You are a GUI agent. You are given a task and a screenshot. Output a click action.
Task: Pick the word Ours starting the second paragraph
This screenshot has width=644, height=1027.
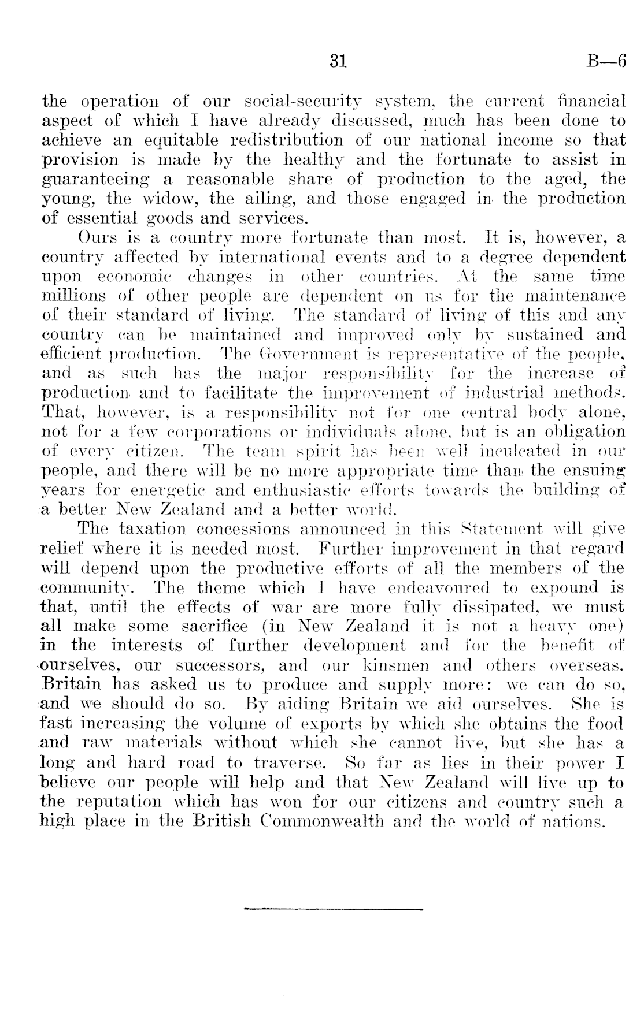click(x=96, y=237)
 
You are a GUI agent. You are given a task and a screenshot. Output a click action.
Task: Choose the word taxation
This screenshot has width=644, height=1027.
click(x=153, y=529)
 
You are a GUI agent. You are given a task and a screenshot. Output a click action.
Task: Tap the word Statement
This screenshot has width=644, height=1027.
click(x=509, y=529)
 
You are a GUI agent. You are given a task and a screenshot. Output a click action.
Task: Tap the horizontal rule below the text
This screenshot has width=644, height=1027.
click(x=334, y=909)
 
